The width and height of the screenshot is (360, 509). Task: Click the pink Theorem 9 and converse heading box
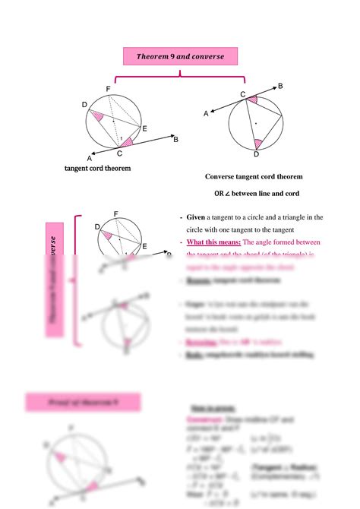click(x=181, y=56)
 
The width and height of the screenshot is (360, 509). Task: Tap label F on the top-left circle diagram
click(x=109, y=90)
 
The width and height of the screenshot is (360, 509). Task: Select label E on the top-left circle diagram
click(x=144, y=129)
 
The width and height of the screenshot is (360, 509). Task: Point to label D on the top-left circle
click(x=84, y=104)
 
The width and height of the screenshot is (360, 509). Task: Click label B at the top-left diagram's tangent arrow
click(x=175, y=139)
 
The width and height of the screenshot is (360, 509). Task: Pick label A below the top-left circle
click(x=89, y=158)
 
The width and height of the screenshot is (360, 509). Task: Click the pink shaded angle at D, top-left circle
click(x=98, y=116)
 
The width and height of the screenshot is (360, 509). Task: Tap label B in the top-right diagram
click(x=280, y=87)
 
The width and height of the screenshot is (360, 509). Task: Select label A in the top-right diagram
click(x=206, y=113)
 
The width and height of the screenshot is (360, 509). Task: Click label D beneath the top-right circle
click(x=256, y=154)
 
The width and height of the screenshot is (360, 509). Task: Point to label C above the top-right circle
click(x=243, y=94)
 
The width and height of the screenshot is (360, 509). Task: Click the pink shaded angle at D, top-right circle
click(x=257, y=142)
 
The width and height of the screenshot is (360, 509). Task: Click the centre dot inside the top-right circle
click(x=257, y=123)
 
